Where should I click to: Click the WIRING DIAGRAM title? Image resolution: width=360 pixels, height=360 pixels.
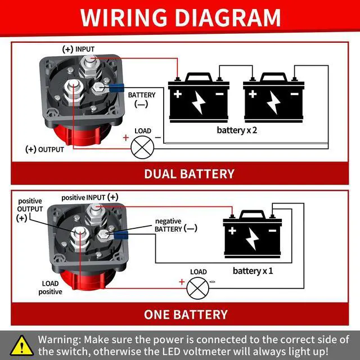[x=180, y=17]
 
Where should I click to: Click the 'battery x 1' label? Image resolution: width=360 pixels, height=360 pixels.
[x=253, y=271]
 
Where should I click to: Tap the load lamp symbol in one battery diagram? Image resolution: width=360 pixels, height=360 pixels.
[x=197, y=288]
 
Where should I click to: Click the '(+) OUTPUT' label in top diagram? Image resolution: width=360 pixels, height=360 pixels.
[x=45, y=150]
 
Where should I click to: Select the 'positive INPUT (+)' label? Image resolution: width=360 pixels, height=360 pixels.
[x=90, y=197]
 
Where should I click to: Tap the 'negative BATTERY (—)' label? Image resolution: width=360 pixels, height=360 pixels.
[x=175, y=225]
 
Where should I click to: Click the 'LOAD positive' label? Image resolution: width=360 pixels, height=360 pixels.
[x=50, y=287]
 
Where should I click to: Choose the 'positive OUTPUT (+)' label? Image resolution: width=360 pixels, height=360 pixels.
[x=30, y=209]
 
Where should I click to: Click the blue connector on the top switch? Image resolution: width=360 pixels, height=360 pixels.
[x=117, y=88]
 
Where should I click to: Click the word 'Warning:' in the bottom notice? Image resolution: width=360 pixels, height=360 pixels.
[x=59, y=340]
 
